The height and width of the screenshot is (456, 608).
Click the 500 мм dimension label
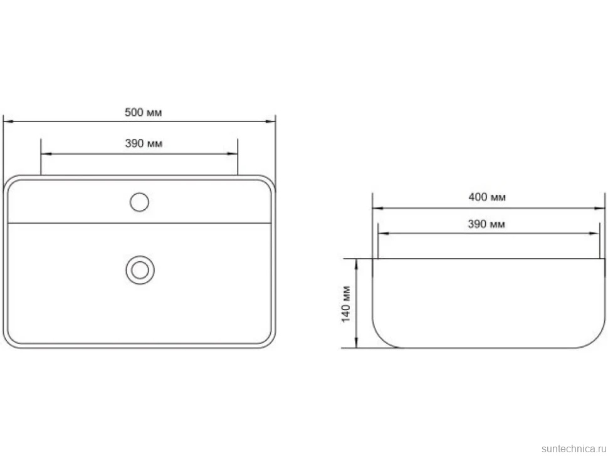pyautogui.click(x=143, y=112)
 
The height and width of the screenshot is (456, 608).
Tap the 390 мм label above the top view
pyautogui.click(x=144, y=143)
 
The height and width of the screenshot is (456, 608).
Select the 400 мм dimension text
pyautogui.click(x=487, y=197)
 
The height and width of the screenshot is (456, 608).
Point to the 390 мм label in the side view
pyautogui.click(x=486, y=224)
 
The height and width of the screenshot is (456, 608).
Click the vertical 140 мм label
pyautogui.click(x=346, y=304)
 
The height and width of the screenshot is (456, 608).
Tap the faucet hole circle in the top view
pyautogui.click(x=139, y=202)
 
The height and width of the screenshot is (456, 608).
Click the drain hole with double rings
pyautogui.click(x=140, y=270)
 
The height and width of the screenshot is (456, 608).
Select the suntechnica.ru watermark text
pyautogui.click(x=574, y=448)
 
